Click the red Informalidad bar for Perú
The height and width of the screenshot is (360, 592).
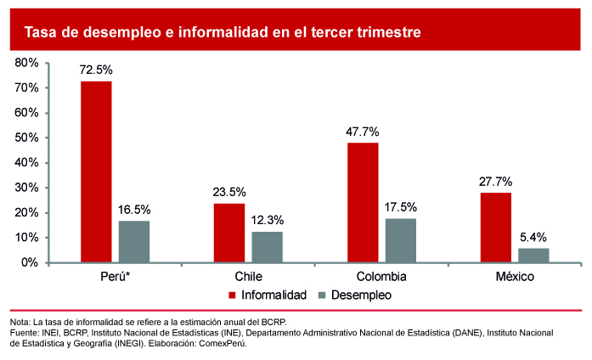(x=96, y=172)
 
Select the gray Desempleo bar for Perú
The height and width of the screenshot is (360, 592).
(x=133, y=241)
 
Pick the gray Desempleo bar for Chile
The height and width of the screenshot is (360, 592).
(x=267, y=246)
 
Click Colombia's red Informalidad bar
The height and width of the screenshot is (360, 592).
(x=363, y=202)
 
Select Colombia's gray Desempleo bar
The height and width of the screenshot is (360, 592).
(x=400, y=240)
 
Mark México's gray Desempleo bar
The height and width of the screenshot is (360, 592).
(x=533, y=255)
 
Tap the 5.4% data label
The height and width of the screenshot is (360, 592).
(x=533, y=238)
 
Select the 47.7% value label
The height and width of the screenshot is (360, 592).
(x=363, y=132)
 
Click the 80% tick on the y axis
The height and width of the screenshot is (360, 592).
(x=26, y=63)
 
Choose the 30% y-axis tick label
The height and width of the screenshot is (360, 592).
(x=26, y=188)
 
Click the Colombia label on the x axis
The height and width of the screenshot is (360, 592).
(x=381, y=278)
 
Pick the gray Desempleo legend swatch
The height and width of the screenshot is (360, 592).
(x=321, y=295)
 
